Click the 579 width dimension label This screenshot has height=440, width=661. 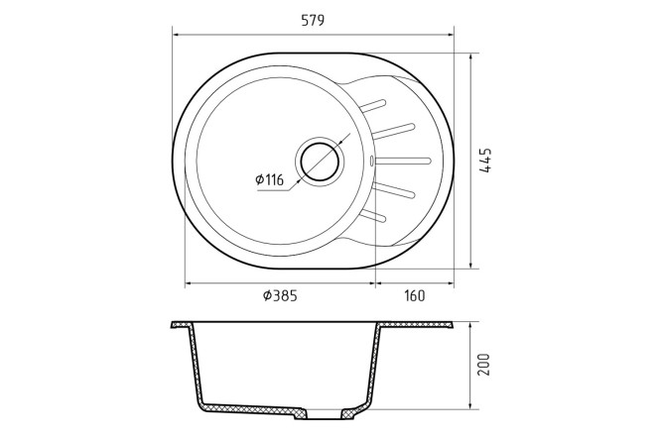(x=313, y=21)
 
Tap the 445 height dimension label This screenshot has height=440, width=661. (x=486, y=160)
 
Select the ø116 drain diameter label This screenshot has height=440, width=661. (x=270, y=180)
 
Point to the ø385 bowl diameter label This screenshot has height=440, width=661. (x=280, y=296)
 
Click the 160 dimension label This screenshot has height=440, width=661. (x=415, y=296)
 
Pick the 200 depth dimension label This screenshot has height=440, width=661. (x=485, y=365)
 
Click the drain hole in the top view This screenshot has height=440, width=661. (x=320, y=160)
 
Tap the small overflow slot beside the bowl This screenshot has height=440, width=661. (x=371, y=161)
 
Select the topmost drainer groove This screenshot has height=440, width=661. (x=372, y=106)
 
